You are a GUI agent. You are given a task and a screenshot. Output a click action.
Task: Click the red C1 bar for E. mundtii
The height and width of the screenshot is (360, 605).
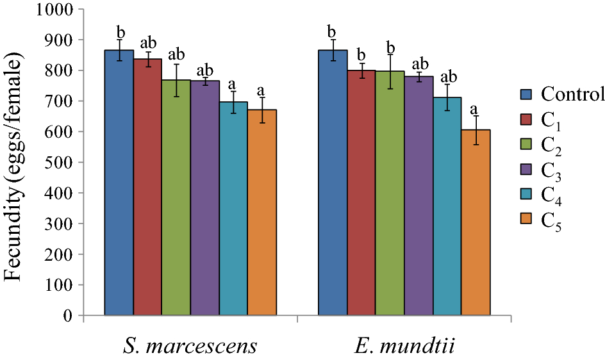pyautogui.click(x=361, y=192)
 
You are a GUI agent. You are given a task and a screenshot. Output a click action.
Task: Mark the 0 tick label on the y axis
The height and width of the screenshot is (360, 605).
pyautogui.click(x=70, y=316)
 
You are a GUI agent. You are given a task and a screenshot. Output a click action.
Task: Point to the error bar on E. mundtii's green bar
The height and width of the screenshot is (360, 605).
pyautogui.click(x=390, y=71)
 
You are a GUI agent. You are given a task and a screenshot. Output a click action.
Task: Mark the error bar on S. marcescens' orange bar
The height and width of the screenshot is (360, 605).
pyautogui.click(x=262, y=110)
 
